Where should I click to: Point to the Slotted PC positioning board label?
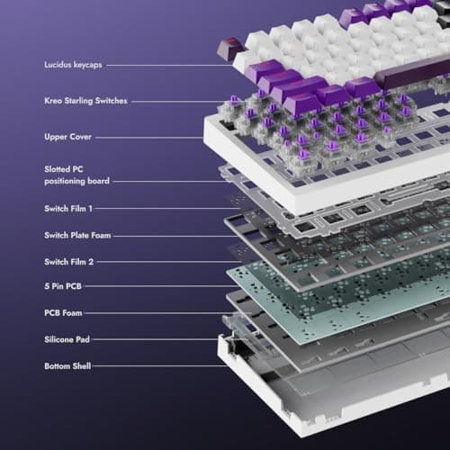(x=77, y=175)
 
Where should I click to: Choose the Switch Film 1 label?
(x=68, y=209)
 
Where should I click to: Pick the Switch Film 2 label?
(x=68, y=262)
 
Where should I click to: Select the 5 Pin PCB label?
(x=63, y=288)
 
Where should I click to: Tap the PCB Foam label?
(x=64, y=314)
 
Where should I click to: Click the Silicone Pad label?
(x=67, y=340)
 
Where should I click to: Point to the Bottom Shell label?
(x=67, y=366)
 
